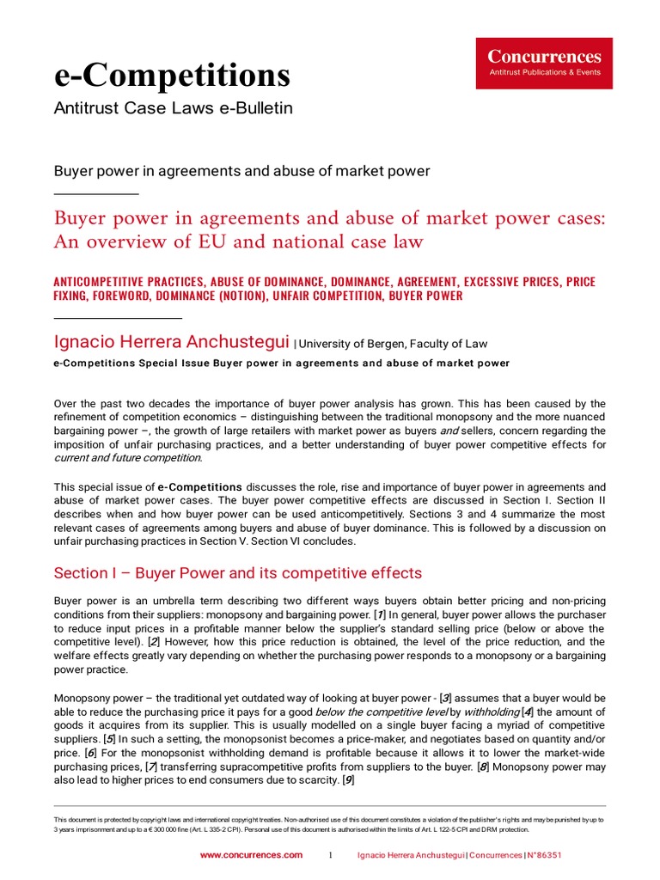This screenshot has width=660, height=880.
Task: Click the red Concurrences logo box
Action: [544, 63]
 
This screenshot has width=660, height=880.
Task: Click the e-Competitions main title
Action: [172, 76]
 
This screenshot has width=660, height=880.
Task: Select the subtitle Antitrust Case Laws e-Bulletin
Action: [174, 108]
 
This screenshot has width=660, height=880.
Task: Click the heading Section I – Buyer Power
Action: [238, 572]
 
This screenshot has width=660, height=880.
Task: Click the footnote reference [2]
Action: [154, 642]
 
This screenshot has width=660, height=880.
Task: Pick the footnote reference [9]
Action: [347, 780]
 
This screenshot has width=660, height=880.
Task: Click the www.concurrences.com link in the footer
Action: [251, 855]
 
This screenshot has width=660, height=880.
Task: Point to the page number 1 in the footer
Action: [330, 855]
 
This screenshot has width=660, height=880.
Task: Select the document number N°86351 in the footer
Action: [545, 855]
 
